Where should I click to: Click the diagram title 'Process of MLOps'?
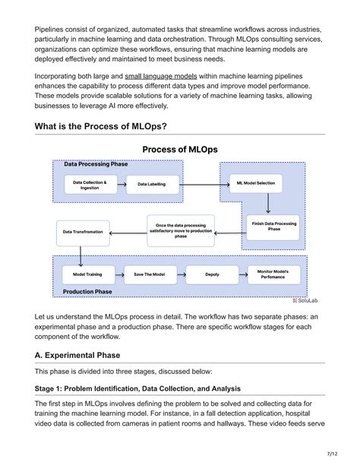pyautogui.click(x=180, y=150)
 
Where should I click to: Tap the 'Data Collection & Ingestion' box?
pyautogui.click(x=90, y=185)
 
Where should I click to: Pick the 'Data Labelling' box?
pyautogui.click(x=151, y=185)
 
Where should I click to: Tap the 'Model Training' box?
pyautogui.click(x=88, y=274)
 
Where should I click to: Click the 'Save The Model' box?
pyautogui.click(x=150, y=274)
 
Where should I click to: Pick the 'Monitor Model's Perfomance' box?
pyautogui.click(x=273, y=274)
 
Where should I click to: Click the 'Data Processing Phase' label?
pyautogui.click(x=96, y=164)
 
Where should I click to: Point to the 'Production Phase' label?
pyautogui.click(x=87, y=292)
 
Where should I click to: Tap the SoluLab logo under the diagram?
pyautogui.click(x=305, y=300)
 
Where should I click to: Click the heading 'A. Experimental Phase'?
pyautogui.click(x=87, y=355)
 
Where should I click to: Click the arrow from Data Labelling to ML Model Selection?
pyautogui.click(x=201, y=185)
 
